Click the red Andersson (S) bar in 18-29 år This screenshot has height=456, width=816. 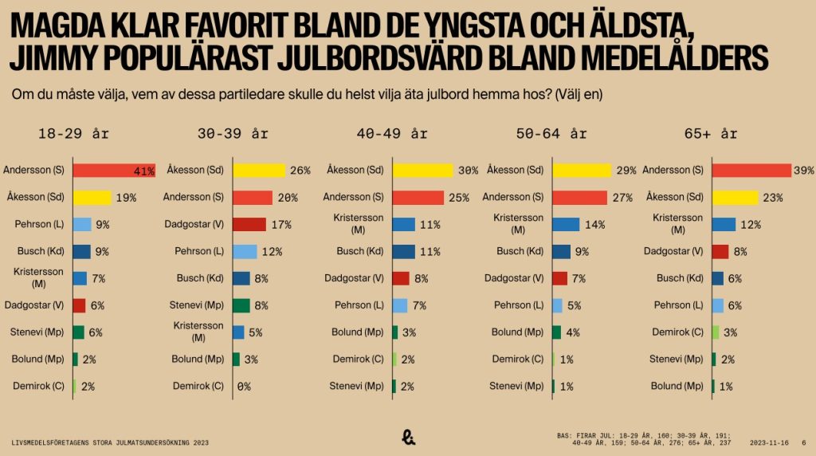113,170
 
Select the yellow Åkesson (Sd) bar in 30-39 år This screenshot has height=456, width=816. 258,170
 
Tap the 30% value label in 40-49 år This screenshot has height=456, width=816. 468,170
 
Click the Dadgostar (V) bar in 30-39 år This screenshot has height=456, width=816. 249,224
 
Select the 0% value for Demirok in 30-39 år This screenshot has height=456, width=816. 243,386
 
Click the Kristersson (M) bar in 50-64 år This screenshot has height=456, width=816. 565,224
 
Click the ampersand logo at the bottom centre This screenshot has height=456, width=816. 408,435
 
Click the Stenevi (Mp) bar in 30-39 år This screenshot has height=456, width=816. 241,305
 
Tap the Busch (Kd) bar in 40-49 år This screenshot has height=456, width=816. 403,251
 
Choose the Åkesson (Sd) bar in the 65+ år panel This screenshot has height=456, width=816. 735,197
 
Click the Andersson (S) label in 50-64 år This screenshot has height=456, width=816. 513,197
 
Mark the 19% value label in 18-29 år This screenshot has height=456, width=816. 126,197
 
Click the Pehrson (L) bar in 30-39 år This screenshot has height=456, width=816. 245,251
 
